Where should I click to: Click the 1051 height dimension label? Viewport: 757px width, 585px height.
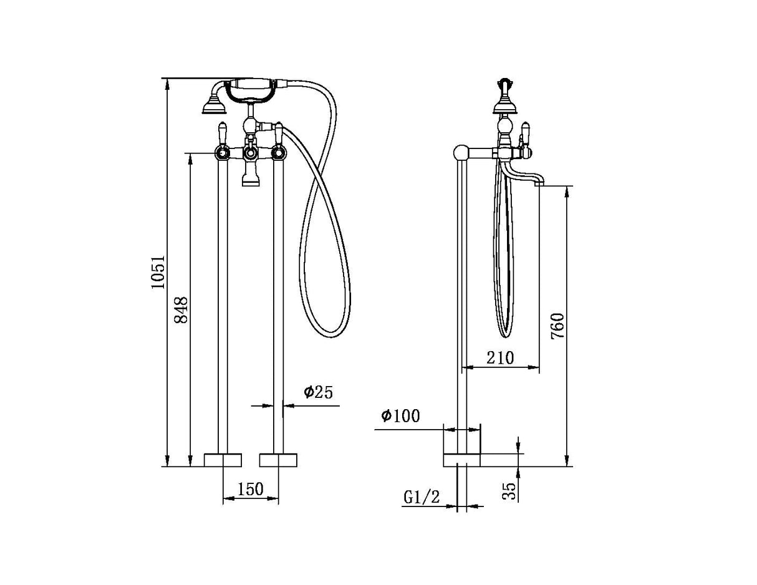[x=158, y=271]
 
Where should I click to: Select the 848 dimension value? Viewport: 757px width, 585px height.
[x=181, y=309]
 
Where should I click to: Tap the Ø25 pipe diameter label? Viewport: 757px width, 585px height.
[x=319, y=392]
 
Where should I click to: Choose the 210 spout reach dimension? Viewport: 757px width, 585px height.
[x=501, y=357]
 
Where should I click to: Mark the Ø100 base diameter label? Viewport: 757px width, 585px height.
[x=400, y=415]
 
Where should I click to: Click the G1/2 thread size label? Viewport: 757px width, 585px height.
[x=423, y=497]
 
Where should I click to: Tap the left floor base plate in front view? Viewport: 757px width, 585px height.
[x=223, y=460]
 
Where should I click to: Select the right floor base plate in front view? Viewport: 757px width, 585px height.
[x=278, y=460]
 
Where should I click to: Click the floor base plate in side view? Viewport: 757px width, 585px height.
[x=461, y=460]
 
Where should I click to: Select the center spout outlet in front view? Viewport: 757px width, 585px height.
[x=251, y=180]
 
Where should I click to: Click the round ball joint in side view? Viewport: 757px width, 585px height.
[x=461, y=152]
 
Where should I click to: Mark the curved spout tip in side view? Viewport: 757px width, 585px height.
[x=541, y=181]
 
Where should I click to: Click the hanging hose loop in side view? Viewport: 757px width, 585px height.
[x=506, y=312]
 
